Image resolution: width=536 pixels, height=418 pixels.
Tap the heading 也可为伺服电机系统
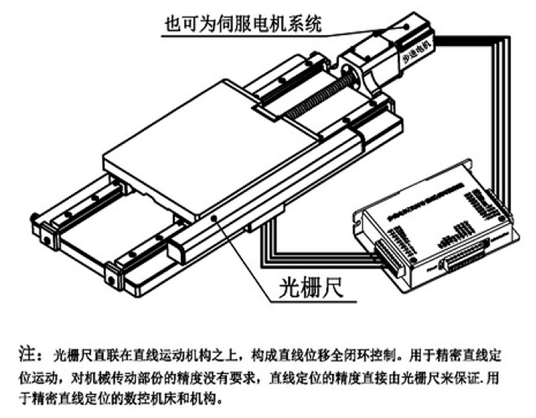(243, 23)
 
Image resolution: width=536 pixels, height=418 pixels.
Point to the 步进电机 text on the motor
(419, 52)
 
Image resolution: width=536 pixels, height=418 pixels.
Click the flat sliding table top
(208, 144)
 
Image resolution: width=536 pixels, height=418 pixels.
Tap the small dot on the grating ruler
(213, 218)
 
